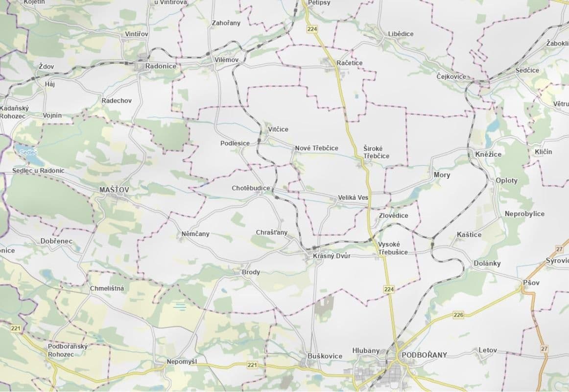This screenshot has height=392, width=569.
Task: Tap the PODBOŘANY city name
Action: [x=424, y=355]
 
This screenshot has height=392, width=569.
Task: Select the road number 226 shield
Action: [x=458, y=315]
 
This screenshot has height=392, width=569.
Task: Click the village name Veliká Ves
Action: [x=353, y=198]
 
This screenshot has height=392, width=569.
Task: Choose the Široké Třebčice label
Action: [x=376, y=152]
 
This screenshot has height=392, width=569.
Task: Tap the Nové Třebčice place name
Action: [x=316, y=148]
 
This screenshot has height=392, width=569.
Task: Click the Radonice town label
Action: [x=161, y=66]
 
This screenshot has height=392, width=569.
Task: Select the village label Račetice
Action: [x=350, y=63]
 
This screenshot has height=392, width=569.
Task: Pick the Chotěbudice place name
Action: [x=251, y=188]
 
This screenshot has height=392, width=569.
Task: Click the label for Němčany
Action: [x=195, y=234]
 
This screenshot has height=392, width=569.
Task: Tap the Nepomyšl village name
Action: [x=182, y=362]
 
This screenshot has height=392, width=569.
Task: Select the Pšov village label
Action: [x=531, y=283]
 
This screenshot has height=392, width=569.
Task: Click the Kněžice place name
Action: [x=488, y=154]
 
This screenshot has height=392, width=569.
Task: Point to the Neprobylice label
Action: [x=524, y=214]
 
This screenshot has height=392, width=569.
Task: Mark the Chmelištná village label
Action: [x=107, y=288]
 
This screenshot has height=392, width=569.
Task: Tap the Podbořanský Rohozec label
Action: [x=68, y=350]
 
